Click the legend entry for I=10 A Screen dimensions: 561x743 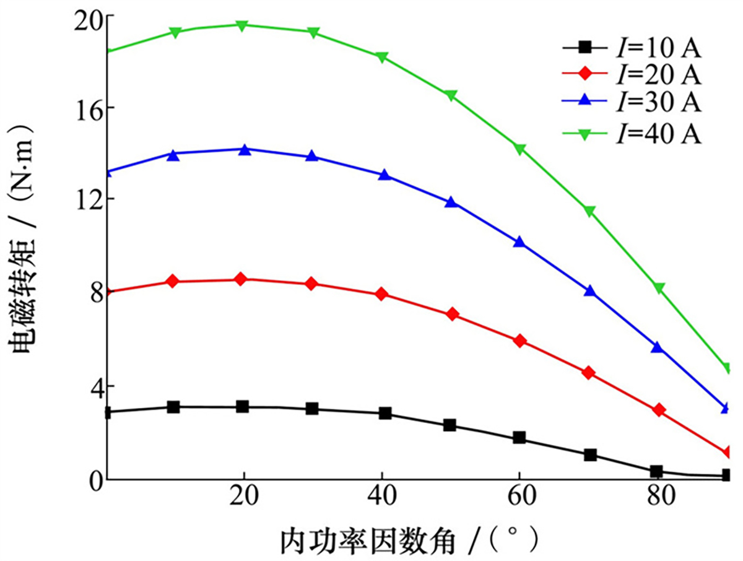632,46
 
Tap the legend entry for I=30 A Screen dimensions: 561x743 632,103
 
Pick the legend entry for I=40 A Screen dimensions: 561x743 632,133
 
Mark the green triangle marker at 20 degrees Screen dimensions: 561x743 243,25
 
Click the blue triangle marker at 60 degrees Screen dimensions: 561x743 520,241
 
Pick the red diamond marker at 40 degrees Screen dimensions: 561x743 382,294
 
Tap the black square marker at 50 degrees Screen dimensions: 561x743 450,425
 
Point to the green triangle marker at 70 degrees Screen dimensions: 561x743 589,211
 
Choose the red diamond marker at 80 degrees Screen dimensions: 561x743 659,410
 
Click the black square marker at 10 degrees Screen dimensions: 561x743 173,407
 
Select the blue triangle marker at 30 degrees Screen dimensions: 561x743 312,156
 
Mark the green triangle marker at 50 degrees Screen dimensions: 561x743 451,95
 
